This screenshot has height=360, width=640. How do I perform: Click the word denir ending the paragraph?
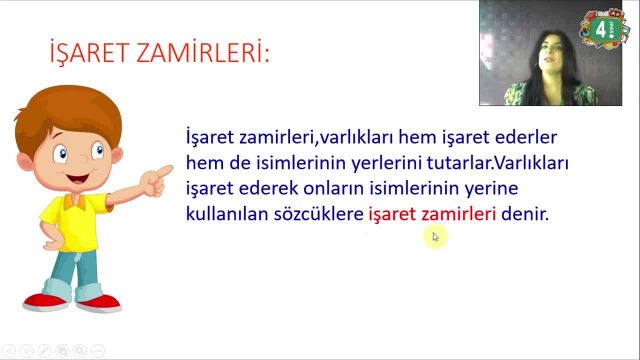526,214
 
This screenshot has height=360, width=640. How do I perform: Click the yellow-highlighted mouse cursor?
435,237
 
